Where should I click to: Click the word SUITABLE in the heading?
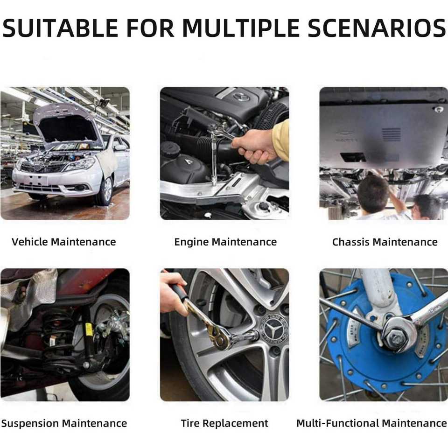pos(60,28)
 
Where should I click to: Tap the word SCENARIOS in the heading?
pos(377,28)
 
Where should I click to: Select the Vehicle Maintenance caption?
pos(64,242)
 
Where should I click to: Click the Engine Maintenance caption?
pos(225,242)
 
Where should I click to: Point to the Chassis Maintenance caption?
pos(385,242)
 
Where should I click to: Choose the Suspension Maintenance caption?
pos(64,423)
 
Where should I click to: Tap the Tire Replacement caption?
pos(224,423)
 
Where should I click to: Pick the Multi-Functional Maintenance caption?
pos(372,423)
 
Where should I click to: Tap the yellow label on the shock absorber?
pos(89,329)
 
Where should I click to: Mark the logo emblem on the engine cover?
pos(241,97)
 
